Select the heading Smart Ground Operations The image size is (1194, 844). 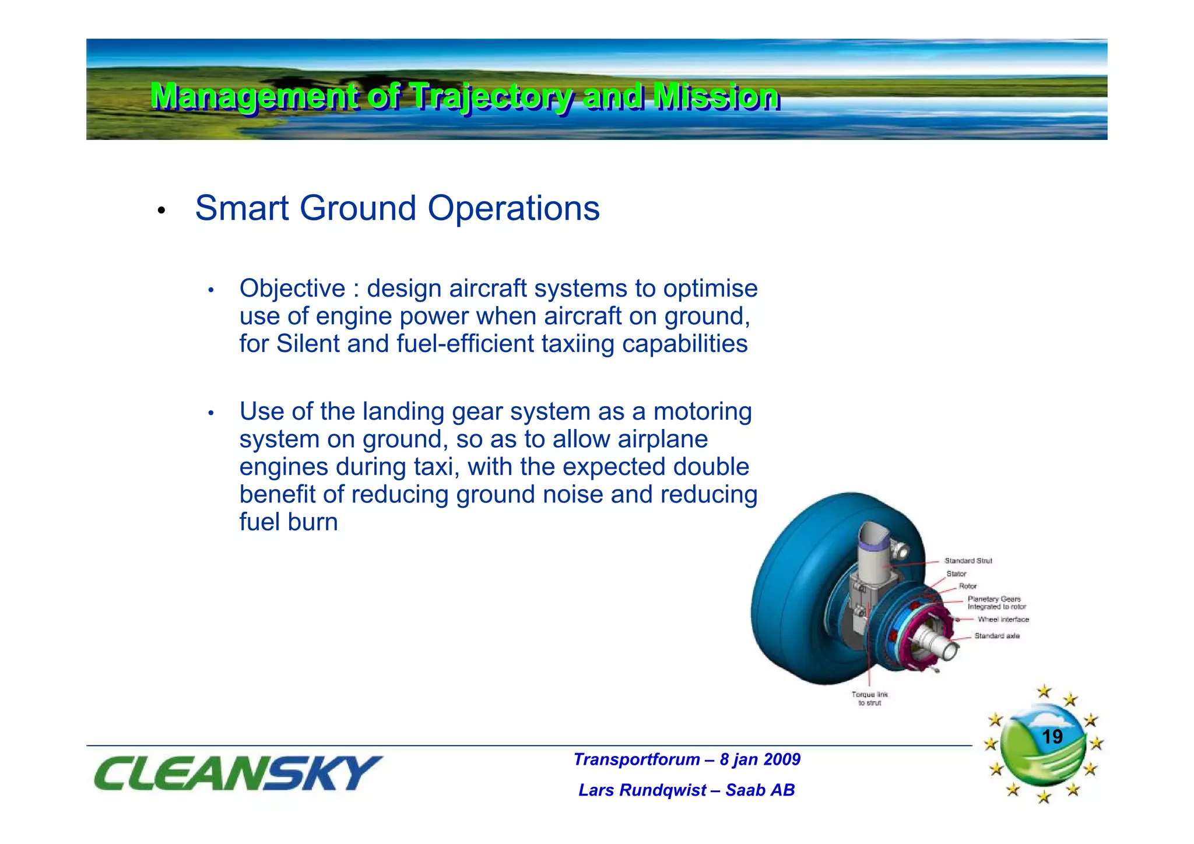397,208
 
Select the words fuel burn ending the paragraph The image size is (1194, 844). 289,522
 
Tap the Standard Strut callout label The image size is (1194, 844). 968,561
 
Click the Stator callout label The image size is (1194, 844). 956,574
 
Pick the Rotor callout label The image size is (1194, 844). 968,586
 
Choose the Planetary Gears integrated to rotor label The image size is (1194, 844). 996,603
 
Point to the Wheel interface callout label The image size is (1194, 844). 1003,620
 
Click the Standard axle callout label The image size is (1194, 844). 997,636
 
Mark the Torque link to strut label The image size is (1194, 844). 869,698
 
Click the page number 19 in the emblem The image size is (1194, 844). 1052,737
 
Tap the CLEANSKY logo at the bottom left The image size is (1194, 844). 236,773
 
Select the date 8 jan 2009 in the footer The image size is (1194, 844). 760,759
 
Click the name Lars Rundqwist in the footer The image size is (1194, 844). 642,790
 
